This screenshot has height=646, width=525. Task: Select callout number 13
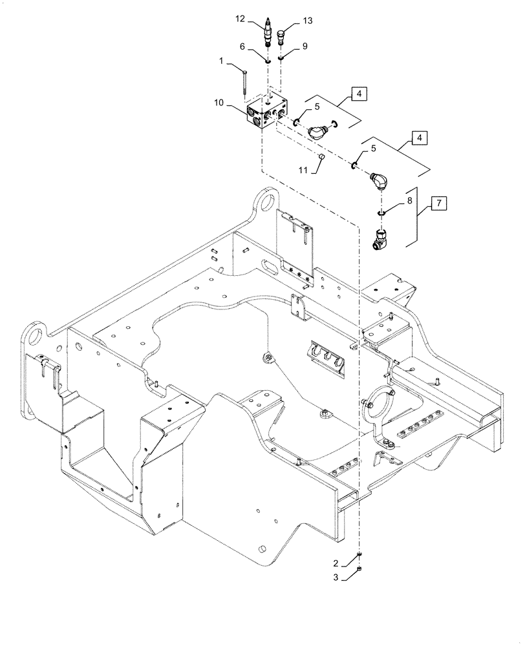(307, 21)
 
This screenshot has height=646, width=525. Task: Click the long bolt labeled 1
(246, 83)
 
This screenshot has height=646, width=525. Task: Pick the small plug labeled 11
(321, 156)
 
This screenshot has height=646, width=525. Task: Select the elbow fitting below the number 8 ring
(381, 238)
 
